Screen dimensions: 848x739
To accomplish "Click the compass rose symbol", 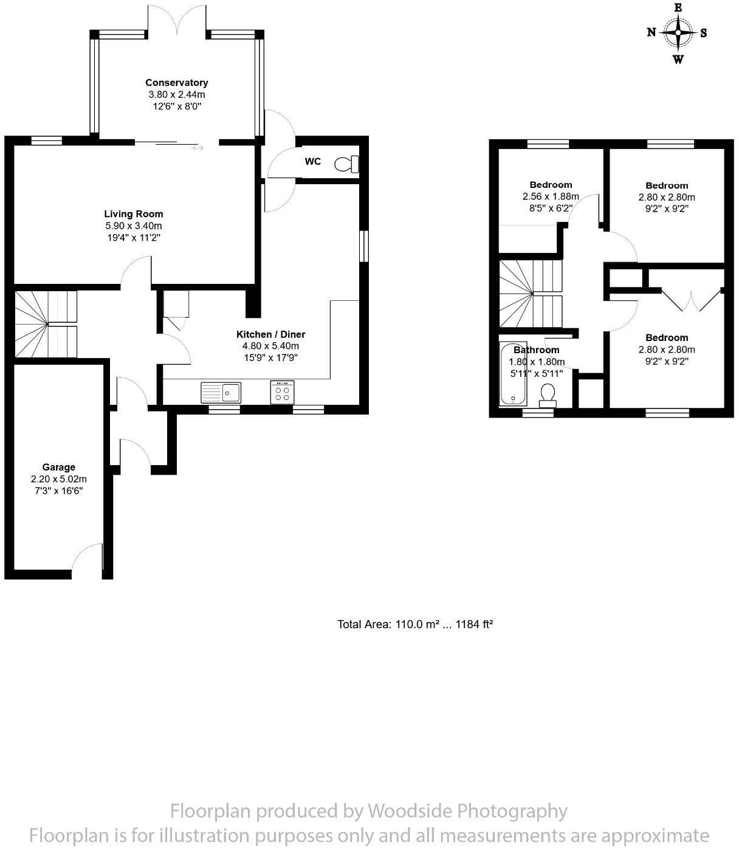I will pos(678,33).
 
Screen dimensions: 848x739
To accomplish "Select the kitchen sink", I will pos(221,393).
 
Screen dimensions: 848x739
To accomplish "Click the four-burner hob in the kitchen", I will pos(282,392).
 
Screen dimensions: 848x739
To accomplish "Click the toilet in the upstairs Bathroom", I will pos(548,393).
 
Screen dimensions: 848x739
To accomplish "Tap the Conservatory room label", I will pos(176,83).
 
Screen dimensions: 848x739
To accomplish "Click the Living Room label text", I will pos(134,214).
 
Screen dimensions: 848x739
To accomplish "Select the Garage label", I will pos(59,467).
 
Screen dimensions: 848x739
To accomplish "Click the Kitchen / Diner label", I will pos(270,334).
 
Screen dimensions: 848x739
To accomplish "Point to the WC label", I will pos(312,162).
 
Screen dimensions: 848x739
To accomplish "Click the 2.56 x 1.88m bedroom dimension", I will pos(551,196).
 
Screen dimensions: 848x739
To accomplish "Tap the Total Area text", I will pos(414,624).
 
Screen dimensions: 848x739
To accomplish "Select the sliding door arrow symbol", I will pos(198,147).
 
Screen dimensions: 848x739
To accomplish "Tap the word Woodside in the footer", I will pos(410,811).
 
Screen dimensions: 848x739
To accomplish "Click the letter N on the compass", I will pos(651,33).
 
